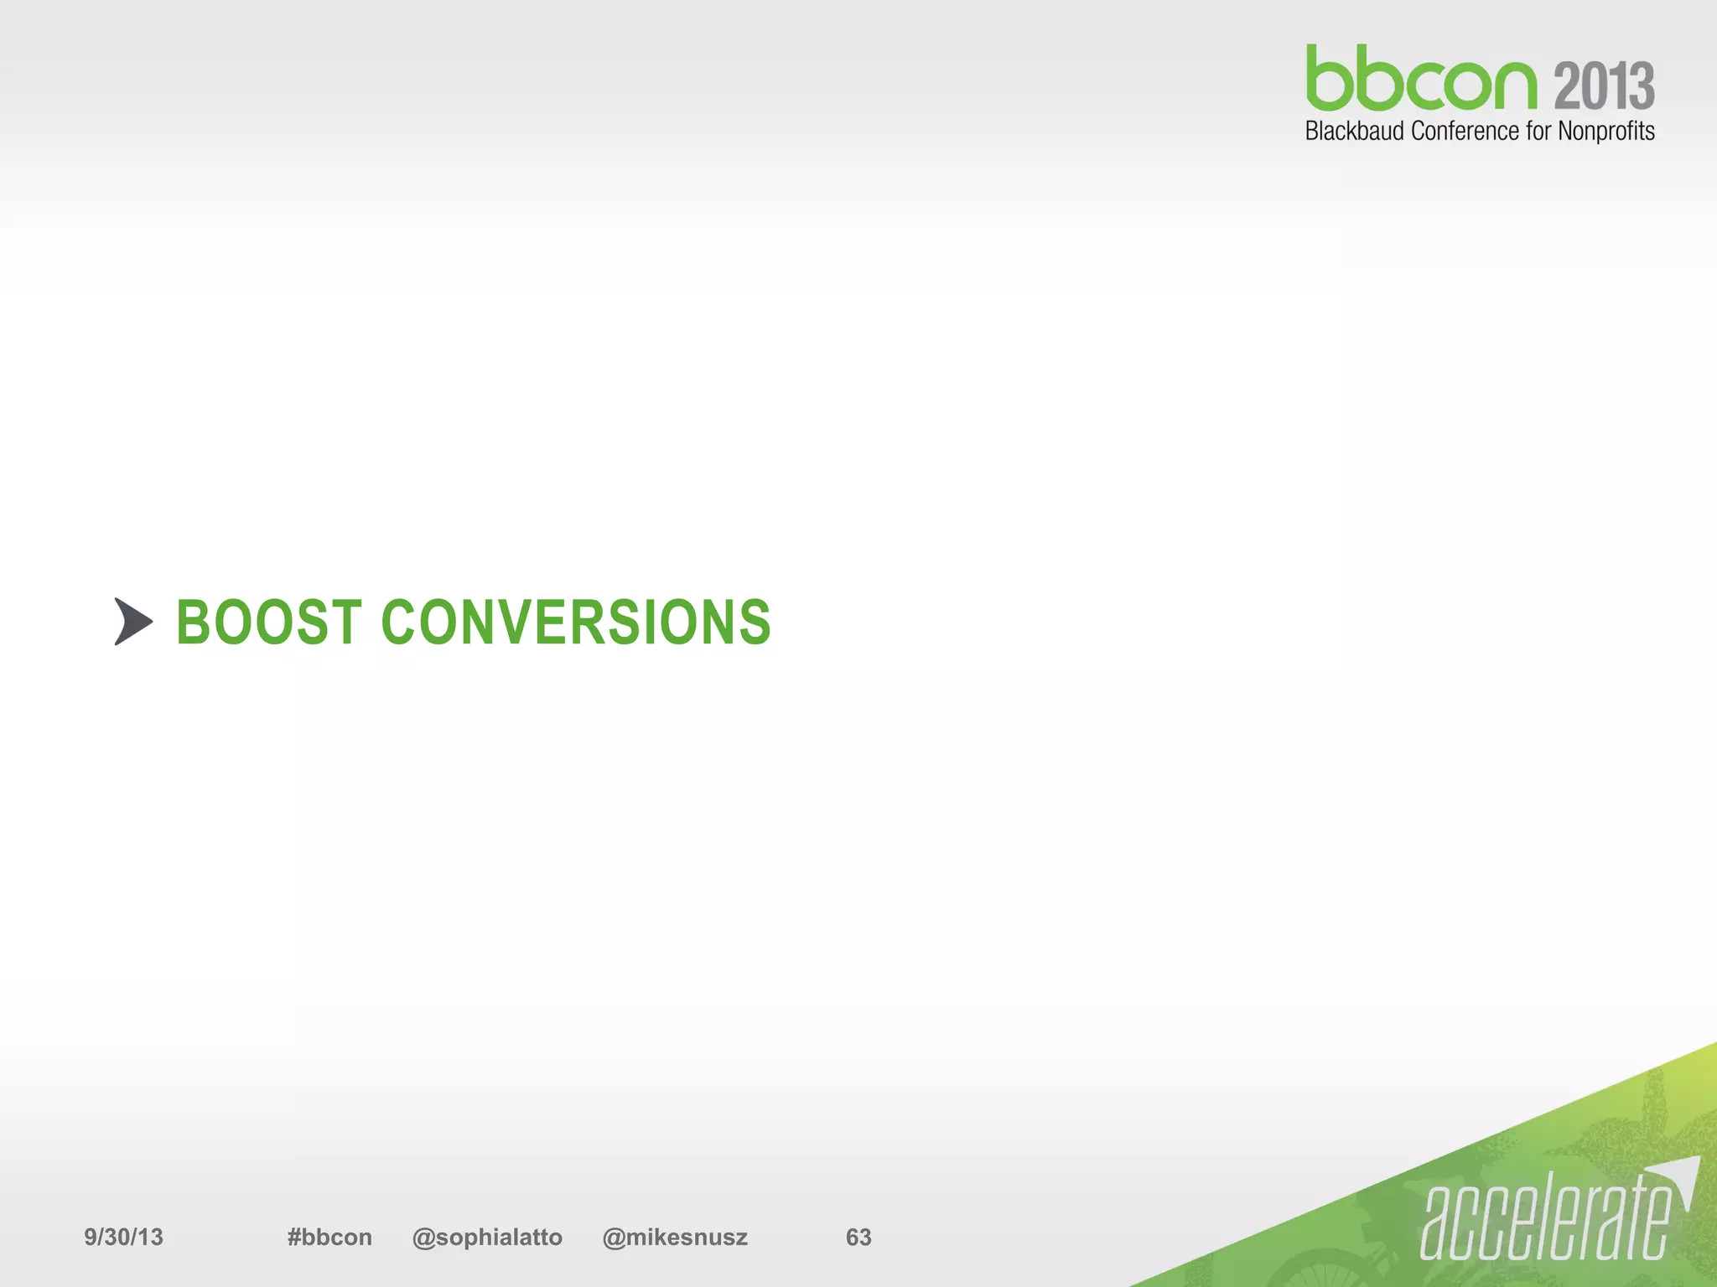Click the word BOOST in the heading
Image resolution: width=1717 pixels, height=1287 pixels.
pos(268,623)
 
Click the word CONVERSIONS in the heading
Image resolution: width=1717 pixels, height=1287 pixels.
pos(576,623)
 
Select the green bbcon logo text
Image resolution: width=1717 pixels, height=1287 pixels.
pos(1421,79)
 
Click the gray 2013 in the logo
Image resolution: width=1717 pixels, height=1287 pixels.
pos(1604,85)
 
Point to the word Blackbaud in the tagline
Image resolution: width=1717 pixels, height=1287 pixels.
pos(1354,132)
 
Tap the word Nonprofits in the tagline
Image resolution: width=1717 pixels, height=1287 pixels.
pos(1605,132)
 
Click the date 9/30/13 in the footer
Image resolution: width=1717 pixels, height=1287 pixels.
pos(123,1237)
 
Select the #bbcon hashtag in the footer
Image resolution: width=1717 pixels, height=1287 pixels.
pos(329,1237)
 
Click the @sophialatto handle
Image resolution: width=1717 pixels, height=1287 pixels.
pos(487,1237)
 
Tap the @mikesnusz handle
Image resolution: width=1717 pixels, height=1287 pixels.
pos(675,1237)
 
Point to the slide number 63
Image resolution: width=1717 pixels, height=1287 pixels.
pos(858,1237)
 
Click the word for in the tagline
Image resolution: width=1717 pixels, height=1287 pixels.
pos(1538,132)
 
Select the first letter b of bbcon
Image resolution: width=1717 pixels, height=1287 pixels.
pos(1332,79)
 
